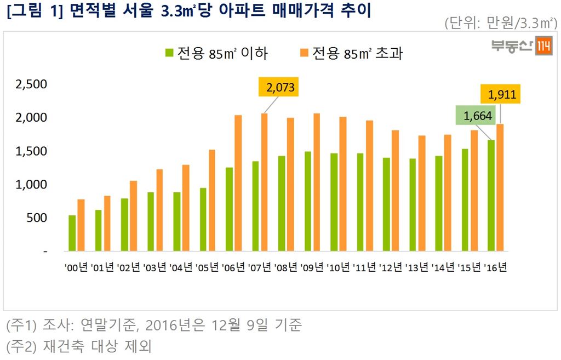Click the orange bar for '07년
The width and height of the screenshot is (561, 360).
point(264,182)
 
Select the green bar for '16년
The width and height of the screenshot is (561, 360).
point(491,196)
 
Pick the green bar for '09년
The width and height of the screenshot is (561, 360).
point(308,201)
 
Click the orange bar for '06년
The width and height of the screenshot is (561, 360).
point(238,183)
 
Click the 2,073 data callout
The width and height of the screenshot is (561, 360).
point(279,87)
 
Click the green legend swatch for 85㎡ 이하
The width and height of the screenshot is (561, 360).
point(169,53)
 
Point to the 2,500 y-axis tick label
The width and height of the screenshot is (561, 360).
point(31,84)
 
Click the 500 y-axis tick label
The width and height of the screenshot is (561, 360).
point(38,218)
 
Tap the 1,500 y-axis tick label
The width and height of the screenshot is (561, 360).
point(31,151)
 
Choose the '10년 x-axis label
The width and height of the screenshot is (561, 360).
point(338,267)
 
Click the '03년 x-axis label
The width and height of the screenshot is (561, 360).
point(154,267)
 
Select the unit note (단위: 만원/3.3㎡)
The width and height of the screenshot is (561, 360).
point(499,24)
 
